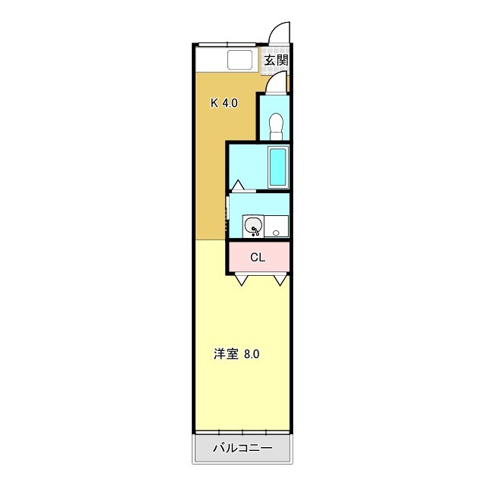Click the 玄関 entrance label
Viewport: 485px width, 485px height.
pos(276,60)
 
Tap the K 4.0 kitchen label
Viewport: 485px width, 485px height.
pos(224,103)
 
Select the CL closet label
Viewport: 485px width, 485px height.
pos(258,257)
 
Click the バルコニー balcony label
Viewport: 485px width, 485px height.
pos(242,447)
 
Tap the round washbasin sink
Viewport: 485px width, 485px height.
pos(254,226)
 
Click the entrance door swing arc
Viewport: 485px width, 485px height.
pos(280,32)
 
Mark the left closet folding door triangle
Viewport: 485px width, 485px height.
pos(242,280)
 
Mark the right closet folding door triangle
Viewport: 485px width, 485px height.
pos(280,280)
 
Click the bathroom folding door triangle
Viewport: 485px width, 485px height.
pos(237,185)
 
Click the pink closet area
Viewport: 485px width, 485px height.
pos(259,258)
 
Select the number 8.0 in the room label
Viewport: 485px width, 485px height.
pos(252,353)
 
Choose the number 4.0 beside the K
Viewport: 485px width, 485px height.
pos(230,103)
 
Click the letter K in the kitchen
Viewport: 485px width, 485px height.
pos(214,103)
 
